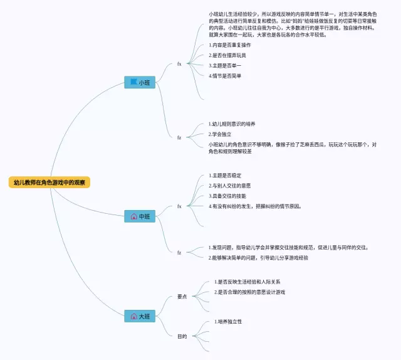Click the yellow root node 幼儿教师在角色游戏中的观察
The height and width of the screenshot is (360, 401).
point(49,183)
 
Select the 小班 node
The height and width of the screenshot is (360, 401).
point(140,82)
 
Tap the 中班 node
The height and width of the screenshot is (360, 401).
point(140,216)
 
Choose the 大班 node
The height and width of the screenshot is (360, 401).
point(140,316)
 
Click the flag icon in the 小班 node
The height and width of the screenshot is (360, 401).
point(133,82)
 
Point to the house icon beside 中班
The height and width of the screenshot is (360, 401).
point(133,216)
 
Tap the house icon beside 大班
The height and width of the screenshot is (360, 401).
point(133,316)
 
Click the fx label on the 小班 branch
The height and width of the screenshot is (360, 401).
point(179,63)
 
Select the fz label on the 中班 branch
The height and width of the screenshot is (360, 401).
point(179,252)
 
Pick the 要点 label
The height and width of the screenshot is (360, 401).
point(182,296)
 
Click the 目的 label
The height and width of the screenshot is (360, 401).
point(182,336)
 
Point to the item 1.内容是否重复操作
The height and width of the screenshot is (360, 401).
point(229,45)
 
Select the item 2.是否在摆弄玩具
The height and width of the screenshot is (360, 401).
point(227,55)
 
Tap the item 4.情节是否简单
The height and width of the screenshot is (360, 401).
point(225,75)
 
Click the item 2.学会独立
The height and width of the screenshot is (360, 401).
point(221,134)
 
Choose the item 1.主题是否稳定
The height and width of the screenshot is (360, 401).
point(225,175)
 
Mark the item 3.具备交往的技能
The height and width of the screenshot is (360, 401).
point(227,196)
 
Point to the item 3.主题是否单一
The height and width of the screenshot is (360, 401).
point(225,65)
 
